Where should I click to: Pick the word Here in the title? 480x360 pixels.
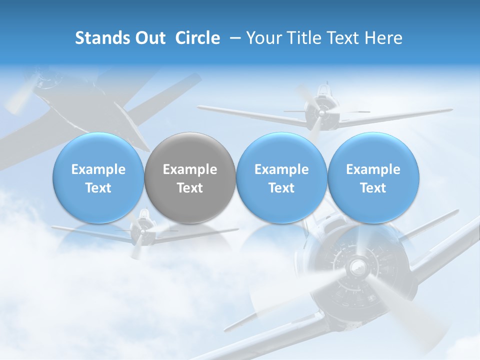(383, 38)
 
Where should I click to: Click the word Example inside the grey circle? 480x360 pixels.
(190, 169)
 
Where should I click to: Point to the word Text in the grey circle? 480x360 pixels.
(190, 188)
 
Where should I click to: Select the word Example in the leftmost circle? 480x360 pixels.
(98, 169)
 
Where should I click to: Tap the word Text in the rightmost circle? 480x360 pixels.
(373, 188)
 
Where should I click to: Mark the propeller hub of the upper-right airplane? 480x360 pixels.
(321, 113)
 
